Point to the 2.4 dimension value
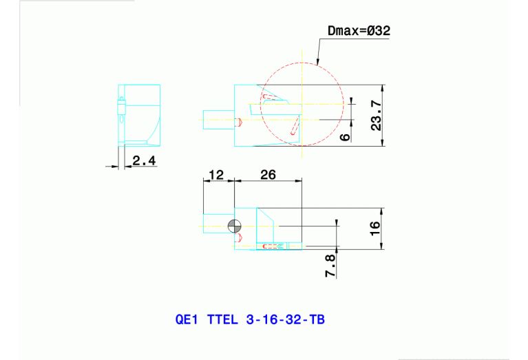point(145,160)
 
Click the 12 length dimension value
point(216,175)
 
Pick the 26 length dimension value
point(268,175)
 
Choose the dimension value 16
point(375,228)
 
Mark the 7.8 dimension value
point(330,266)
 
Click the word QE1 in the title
point(187,320)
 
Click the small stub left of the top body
point(218,119)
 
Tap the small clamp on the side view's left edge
point(122,107)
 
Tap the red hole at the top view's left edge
point(239,123)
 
